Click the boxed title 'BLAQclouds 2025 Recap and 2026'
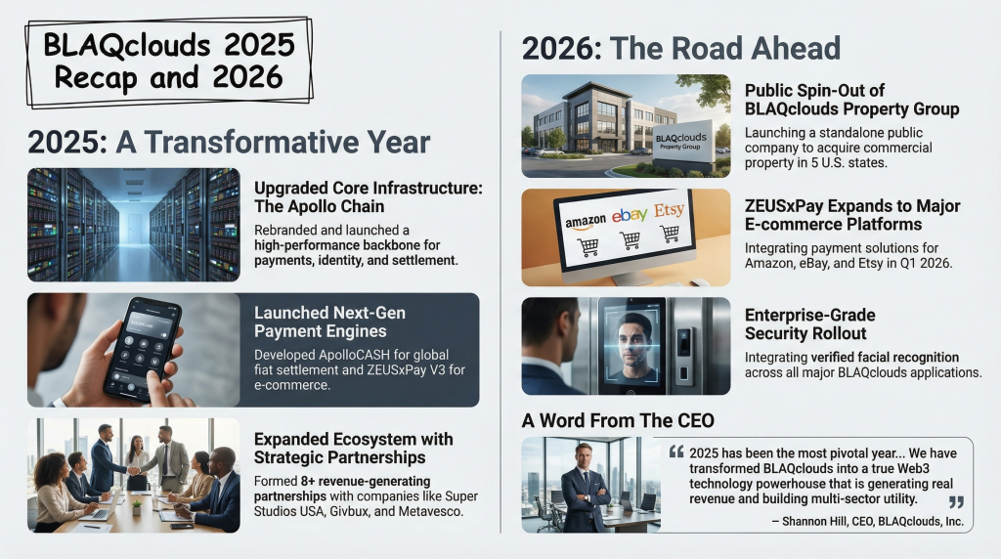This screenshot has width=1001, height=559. pyautogui.click(x=169, y=62)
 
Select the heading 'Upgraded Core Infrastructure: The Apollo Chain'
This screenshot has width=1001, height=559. pyautogui.click(x=369, y=197)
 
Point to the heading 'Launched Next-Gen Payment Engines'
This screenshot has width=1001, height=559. pyautogui.click(x=329, y=322)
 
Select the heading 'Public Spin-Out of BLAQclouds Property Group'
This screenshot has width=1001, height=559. pyautogui.click(x=851, y=100)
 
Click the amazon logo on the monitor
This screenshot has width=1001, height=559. pyautogui.click(x=586, y=222)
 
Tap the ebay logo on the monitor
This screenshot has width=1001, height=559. pyautogui.click(x=630, y=215)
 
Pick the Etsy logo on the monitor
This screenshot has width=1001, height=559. pyautogui.click(x=669, y=209)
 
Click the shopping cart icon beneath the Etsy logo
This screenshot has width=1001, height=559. pyautogui.click(x=669, y=234)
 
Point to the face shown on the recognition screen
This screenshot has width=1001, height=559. pyautogui.click(x=635, y=338)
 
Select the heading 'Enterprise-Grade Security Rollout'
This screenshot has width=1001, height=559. pyautogui.click(x=809, y=324)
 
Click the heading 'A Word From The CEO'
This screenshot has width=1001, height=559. pyautogui.click(x=618, y=420)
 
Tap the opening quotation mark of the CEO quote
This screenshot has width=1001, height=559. pyautogui.click(x=676, y=452)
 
